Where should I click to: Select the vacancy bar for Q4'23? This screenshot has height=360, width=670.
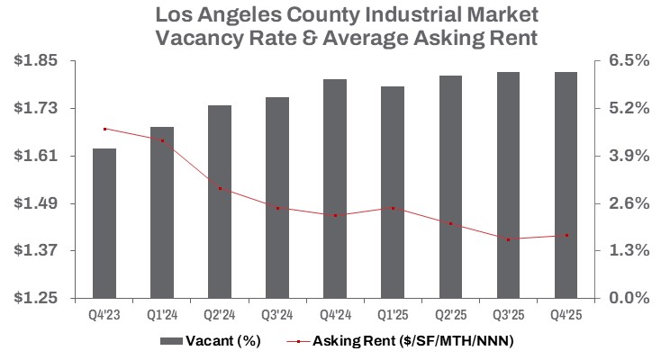[x=104, y=223]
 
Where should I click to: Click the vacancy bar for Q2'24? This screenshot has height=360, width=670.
[x=220, y=202]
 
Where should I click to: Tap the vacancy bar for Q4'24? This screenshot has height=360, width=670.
[x=335, y=188]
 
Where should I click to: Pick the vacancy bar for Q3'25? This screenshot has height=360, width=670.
[x=508, y=184]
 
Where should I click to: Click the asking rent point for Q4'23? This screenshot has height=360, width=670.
[x=104, y=129]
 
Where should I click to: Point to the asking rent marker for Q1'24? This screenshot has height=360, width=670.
[x=162, y=140]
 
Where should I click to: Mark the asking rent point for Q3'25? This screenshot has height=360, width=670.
[x=508, y=239]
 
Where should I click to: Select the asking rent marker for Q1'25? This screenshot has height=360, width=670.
[x=393, y=208]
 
